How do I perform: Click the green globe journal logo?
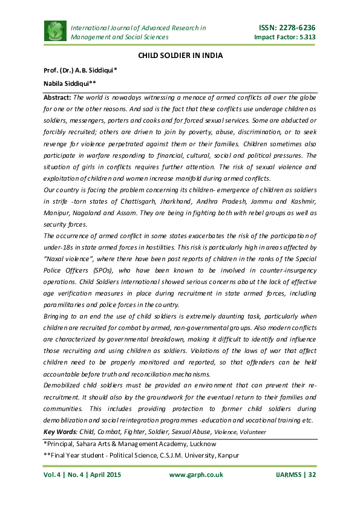55,31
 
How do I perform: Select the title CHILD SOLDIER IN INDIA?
180,56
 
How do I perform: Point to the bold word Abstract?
57,97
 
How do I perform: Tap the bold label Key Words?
61,431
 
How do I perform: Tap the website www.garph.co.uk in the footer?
195,475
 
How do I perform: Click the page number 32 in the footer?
312,475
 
